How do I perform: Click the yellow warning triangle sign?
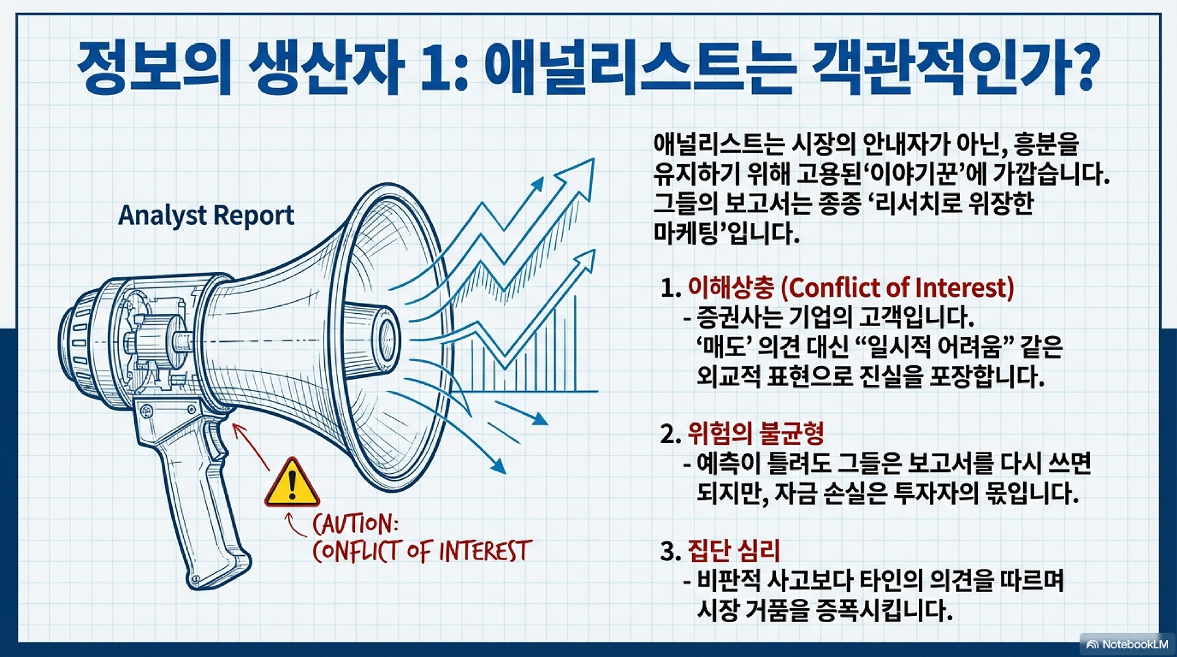pyautogui.click(x=292, y=484)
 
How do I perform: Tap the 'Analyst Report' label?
pyautogui.click(x=206, y=216)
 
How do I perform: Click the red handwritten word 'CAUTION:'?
pyautogui.click(x=355, y=524)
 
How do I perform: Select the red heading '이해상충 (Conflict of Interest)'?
pyautogui.click(x=851, y=287)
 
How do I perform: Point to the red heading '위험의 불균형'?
pyautogui.click(x=755, y=433)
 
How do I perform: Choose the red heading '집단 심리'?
pyautogui.click(x=734, y=550)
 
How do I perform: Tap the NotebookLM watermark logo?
pyautogui.click(x=1127, y=644)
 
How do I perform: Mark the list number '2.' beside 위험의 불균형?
pyautogui.click(x=671, y=434)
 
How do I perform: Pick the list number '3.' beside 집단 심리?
pyautogui.click(x=671, y=551)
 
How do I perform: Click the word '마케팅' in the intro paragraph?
pyautogui.click(x=684, y=234)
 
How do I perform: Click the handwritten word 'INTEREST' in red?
pyautogui.click(x=485, y=550)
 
